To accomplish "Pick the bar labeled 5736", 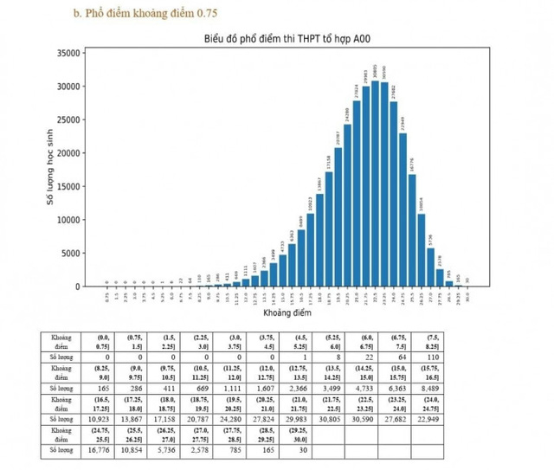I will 431,267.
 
